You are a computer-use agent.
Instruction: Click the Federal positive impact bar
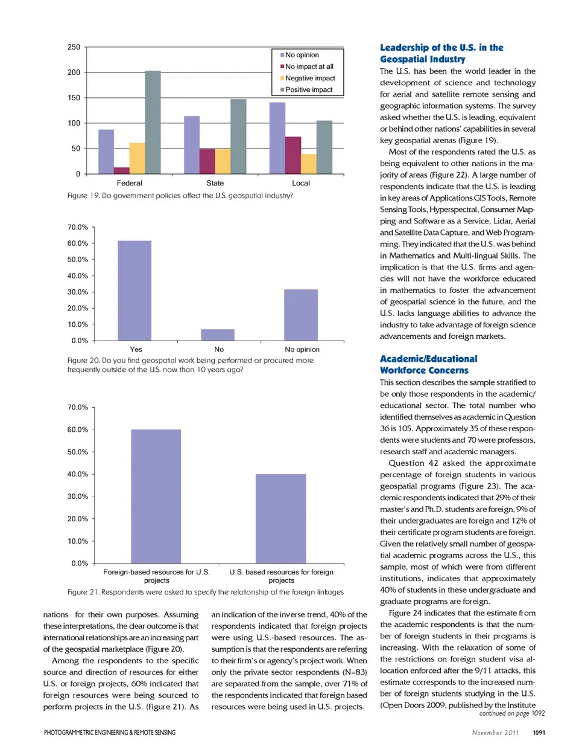pyautogui.click(x=153, y=123)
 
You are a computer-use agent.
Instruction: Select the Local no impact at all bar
pyautogui.click(x=293, y=155)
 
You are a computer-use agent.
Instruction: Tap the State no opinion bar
pyautogui.click(x=192, y=145)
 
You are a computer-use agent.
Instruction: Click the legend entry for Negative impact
pyautogui.click(x=309, y=79)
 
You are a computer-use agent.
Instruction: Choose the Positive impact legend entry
pyautogui.click(x=308, y=90)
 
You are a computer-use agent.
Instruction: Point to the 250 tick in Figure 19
pyautogui.click(x=74, y=47)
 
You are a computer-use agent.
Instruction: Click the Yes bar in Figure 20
pyautogui.click(x=134, y=291)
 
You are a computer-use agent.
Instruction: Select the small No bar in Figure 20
pyautogui.click(x=218, y=335)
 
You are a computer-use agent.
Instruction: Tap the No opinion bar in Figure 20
pyautogui.click(x=301, y=315)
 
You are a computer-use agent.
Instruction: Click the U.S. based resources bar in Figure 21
pyautogui.click(x=280, y=518)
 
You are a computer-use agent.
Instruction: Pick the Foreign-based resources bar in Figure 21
pyautogui.click(x=156, y=496)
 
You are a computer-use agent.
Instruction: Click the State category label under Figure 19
pyautogui.click(x=215, y=183)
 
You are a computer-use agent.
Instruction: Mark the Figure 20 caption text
pyautogui.click(x=190, y=365)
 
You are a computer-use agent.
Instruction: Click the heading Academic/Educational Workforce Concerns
pyautogui.click(x=428, y=364)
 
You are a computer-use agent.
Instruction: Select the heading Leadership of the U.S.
pyautogui.click(x=441, y=53)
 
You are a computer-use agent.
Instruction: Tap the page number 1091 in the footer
pyautogui.click(x=539, y=733)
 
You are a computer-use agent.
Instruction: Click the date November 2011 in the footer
pyautogui.click(x=495, y=733)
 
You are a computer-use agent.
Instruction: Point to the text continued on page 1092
pyautogui.click(x=511, y=713)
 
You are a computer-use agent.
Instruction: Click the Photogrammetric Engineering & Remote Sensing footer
pyautogui.click(x=109, y=733)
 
